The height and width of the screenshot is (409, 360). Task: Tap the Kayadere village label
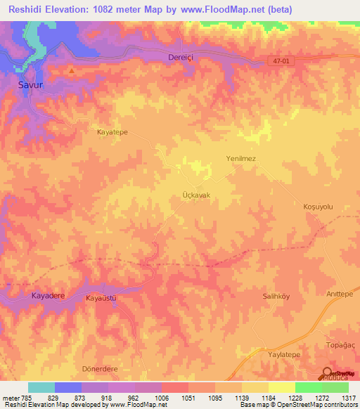click(49, 296)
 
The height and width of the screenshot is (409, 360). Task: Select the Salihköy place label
click(276, 297)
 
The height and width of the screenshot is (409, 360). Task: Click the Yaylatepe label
click(284, 356)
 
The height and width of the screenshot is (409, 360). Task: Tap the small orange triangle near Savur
click(71, 70)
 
